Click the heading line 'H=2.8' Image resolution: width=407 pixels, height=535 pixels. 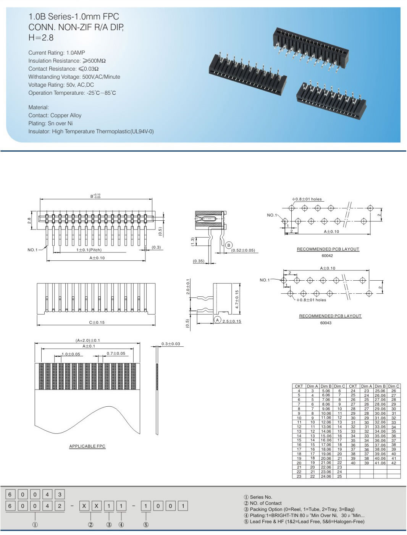tap(41, 38)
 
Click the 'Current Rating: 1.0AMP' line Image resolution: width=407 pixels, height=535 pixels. tap(57, 53)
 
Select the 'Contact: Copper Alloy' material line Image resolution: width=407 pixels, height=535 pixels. tap(55, 115)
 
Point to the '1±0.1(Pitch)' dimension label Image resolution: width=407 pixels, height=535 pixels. tap(89, 250)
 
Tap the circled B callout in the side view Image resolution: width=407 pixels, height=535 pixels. tap(229, 245)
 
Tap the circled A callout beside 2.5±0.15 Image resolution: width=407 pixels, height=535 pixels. tap(217, 320)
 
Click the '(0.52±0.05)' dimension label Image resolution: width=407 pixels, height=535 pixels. tap(243, 251)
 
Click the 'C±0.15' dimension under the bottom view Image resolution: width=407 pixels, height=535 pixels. tap(97, 322)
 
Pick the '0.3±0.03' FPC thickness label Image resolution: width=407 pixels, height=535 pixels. tap(170, 344)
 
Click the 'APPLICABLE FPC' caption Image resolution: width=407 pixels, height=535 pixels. tap(87, 446)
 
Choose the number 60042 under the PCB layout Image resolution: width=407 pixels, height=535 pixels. tap(327, 256)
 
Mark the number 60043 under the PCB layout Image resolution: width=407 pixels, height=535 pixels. tap(326, 323)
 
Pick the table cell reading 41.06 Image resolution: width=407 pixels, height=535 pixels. tap(380, 463)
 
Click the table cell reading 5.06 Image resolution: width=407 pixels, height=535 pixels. tap(326, 391)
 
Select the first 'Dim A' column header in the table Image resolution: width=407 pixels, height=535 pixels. tap(312, 386)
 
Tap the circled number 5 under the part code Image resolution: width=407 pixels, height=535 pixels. tap(146, 525)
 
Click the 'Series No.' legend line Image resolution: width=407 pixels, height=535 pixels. tap(258, 497)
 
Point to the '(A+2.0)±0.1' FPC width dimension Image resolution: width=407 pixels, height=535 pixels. tap(87, 340)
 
